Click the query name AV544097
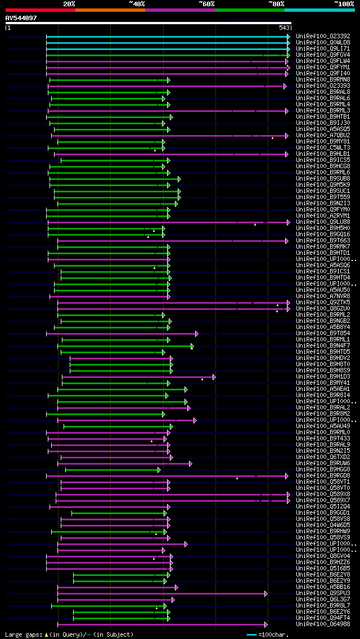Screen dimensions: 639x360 [21, 18]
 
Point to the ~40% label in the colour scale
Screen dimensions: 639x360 [137, 4]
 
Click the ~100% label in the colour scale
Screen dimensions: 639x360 [344, 4]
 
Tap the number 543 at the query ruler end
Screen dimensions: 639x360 [283, 28]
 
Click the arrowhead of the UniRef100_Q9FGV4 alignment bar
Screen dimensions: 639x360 [288, 55]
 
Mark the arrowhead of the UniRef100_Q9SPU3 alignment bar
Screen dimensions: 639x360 [266, 593]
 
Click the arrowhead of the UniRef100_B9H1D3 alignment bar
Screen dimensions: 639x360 [214, 377]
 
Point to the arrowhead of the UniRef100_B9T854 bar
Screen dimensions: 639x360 [196, 334]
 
